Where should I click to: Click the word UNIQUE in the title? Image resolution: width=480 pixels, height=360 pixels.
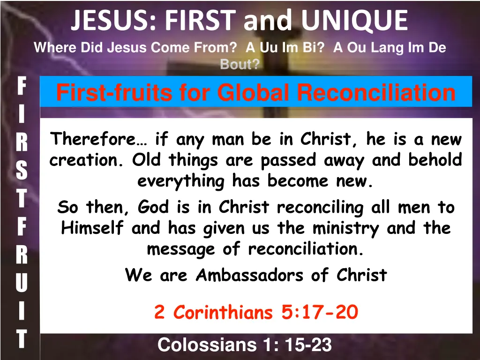point(354,20)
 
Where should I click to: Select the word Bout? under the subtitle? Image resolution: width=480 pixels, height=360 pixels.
point(240,65)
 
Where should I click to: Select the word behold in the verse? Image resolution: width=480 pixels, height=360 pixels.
point(435,160)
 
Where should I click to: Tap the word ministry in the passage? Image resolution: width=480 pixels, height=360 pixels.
point(346,228)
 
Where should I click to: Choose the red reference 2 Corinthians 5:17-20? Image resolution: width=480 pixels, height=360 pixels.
point(256,312)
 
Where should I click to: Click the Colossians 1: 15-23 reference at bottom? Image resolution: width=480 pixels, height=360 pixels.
point(245,345)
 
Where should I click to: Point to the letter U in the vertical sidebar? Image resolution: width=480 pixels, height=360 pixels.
point(21,283)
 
